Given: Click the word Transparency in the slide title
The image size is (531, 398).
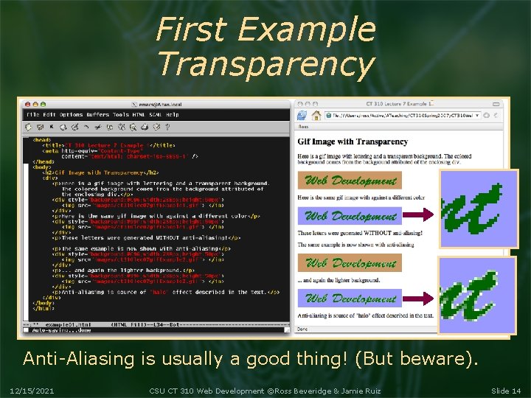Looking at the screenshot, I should pyautogui.click(x=265, y=64).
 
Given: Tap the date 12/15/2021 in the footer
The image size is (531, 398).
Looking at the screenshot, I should pyautogui.click(x=32, y=390).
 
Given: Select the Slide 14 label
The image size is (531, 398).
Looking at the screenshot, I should pyautogui.click(x=505, y=390).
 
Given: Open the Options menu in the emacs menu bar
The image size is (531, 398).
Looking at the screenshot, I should pyautogui.click(x=72, y=115).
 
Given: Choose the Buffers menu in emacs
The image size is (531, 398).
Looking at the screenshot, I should pyautogui.click(x=97, y=115).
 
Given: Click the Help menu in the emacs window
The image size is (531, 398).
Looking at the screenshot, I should pyautogui.click(x=172, y=115).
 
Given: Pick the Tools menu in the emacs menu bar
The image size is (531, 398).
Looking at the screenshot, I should pyautogui.click(x=120, y=115).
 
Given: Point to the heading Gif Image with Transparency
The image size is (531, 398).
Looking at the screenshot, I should pyautogui.click(x=353, y=142).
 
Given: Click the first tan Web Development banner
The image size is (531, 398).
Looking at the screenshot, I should pyautogui.click(x=350, y=181).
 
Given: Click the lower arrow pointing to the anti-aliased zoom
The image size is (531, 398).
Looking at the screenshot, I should pyautogui.click(x=420, y=299).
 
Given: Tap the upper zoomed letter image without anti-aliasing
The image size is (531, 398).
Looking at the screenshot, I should pyautogui.click(x=479, y=209).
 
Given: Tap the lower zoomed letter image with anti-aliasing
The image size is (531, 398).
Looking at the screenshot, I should pyautogui.click(x=476, y=295).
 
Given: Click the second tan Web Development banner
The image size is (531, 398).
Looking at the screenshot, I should pyautogui.click(x=350, y=263).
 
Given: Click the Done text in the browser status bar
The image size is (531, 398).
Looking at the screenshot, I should pyautogui.click(x=303, y=329).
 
